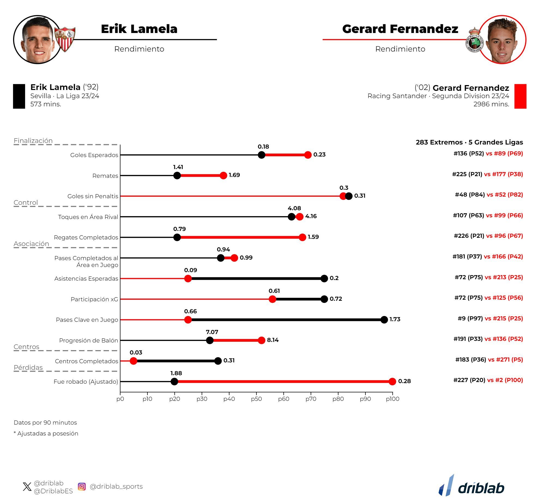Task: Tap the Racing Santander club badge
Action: point(474,40)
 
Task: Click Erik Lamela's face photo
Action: point(38,40)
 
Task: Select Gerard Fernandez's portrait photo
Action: point(502,40)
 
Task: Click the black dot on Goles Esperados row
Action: point(261,155)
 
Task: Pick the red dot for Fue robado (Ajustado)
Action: point(392,381)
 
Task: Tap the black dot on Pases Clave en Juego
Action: point(384,320)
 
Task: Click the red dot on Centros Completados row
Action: point(133,361)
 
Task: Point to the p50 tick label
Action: point(256,399)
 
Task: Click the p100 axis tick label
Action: point(392,399)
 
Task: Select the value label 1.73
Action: point(395,319)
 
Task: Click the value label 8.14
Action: point(273,340)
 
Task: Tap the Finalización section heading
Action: point(33,141)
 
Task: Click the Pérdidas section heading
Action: point(28,368)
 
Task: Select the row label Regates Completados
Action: point(86,237)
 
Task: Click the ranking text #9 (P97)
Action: point(470,318)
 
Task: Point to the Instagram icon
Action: point(82,487)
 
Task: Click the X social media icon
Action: point(27,487)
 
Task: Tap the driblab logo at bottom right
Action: point(471,486)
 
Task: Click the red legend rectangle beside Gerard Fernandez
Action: point(520,96)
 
